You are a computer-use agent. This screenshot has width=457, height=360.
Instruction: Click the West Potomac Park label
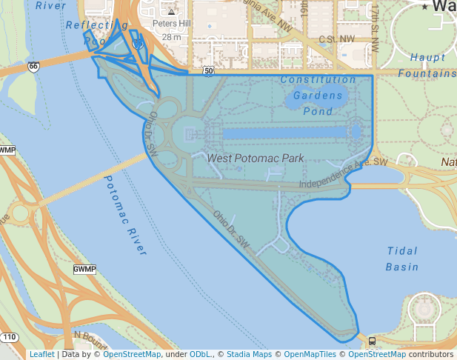(x=256, y=159)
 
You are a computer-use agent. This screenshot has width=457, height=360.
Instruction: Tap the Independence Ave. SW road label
(x=343, y=173)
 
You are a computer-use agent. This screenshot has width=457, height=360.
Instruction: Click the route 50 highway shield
(x=209, y=71)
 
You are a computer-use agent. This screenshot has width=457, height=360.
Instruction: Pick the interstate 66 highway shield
(x=33, y=67)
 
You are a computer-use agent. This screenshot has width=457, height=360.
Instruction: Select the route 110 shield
(x=9, y=338)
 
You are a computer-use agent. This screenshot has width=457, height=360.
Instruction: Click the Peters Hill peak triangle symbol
(x=172, y=12)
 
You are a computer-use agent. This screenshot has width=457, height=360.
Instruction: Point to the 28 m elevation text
(x=172, y=36)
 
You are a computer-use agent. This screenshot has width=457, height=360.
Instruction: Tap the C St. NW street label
(x=336, y=39)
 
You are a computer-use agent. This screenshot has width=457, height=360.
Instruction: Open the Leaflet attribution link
(x=41, y=354)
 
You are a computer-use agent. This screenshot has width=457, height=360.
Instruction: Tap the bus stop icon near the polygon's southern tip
(x=371, y=341)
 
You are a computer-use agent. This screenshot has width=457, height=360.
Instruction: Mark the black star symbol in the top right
(x=424, y=7)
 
